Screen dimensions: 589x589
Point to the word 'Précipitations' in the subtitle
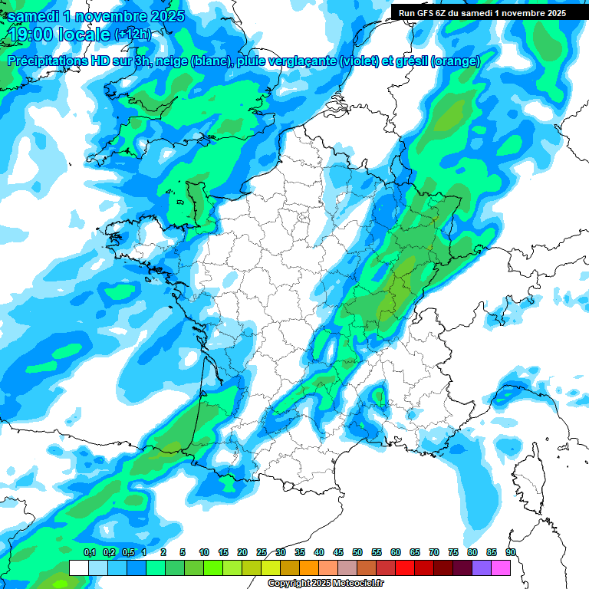point(49,61)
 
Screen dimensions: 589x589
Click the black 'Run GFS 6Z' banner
point(482,13)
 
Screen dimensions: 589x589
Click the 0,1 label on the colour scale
point(89,552)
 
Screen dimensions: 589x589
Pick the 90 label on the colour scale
point(510,552)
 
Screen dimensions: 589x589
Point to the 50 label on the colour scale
point(357,552)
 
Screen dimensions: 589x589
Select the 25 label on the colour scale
point(262,552)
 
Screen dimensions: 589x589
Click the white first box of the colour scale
point(79,568)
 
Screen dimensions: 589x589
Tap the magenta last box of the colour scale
point(501,568)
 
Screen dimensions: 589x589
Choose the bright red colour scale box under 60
point(405,568)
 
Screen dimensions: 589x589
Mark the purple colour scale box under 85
point(482,568)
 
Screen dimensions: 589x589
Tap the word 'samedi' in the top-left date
point(35,16)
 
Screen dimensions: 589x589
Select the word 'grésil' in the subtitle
point(410,61)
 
